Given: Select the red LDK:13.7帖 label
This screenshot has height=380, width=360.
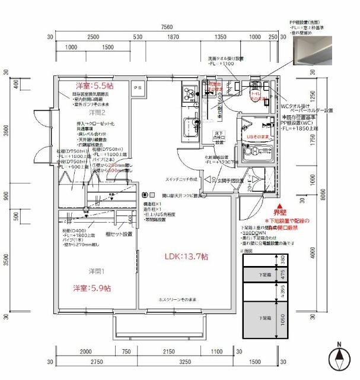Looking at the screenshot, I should [186, 256].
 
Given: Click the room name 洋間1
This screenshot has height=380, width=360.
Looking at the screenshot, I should [80, 272].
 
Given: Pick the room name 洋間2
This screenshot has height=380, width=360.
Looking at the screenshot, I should [97, 112].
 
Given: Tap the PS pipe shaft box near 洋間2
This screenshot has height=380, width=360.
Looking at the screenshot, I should [138, 87].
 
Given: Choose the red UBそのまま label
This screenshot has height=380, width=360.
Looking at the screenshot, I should [259, 136].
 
